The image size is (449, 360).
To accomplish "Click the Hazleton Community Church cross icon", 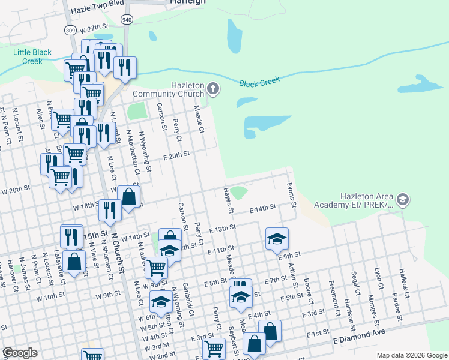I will click(213, 89).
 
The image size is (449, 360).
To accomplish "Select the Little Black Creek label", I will click(28, 57).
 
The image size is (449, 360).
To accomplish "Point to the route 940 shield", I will click(127, 20).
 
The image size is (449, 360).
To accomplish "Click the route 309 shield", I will click(70, 30).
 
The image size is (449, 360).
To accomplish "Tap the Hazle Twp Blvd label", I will click(97, 10).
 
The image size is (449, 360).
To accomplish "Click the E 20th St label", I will click(176, 154).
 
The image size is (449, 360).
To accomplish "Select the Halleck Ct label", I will click(405, 283).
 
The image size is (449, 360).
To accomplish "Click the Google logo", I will click(20, 353).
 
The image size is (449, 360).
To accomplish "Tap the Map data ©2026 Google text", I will click(411, 355).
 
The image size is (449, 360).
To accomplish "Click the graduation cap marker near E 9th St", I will click(277, 238).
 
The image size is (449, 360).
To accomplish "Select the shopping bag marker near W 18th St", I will click(129, 196).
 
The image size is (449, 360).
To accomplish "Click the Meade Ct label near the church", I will click(199, 119).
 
